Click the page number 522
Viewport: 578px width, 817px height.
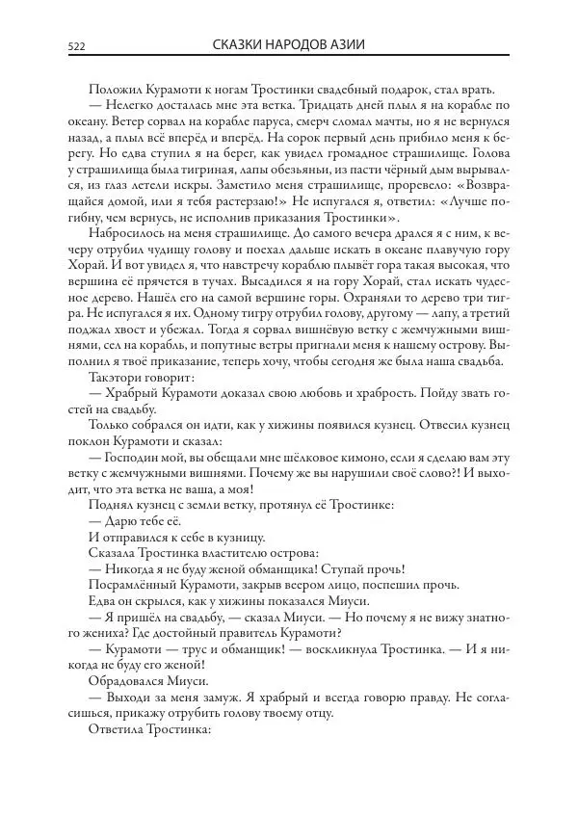click(x=77, y=46)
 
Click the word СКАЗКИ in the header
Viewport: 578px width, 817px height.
click(x=240, y=45)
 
